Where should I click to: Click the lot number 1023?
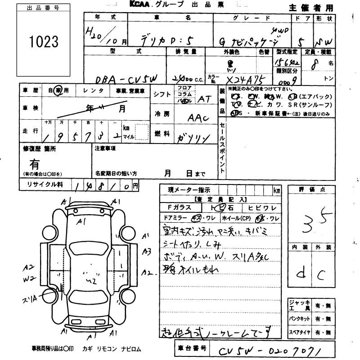coord(44,41)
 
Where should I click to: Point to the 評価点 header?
coord(310,190)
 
